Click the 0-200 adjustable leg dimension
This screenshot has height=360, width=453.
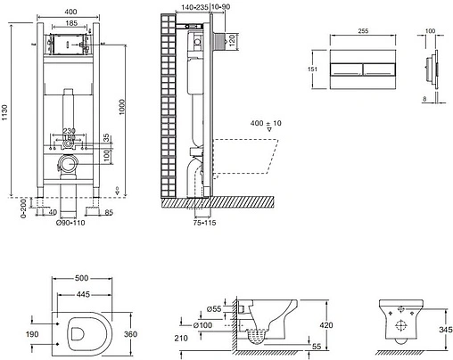pos(10,209)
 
